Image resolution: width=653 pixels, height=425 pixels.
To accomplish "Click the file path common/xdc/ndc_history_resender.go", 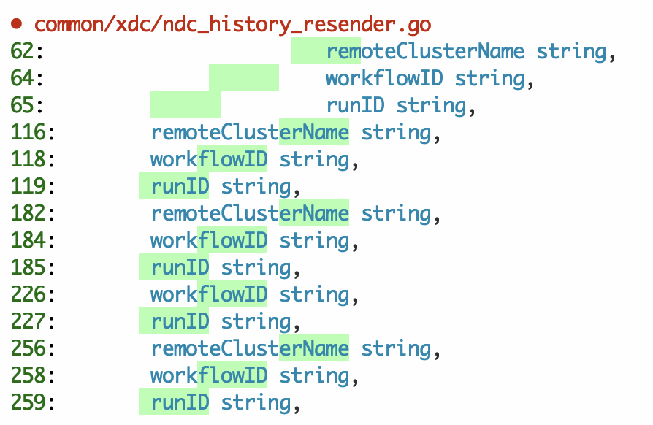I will tap(232, 24).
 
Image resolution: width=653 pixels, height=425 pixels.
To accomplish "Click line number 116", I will tap(32, 132).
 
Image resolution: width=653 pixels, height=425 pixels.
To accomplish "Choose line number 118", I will tap(32, 159).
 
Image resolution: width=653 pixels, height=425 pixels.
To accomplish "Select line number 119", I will tap(32, 186).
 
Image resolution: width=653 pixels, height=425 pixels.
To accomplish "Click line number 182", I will tap(32, 213).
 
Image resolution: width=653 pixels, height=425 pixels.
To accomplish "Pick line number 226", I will tap(32, 294).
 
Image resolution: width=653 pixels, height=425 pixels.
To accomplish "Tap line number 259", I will tap(32, 402).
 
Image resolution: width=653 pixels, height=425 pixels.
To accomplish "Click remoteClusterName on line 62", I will tap(425, 51).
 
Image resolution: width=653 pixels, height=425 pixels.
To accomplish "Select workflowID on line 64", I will tap(384, 78).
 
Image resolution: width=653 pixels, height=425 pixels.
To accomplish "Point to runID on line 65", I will tap(355, 105).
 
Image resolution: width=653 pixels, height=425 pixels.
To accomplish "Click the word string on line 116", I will tap(396, 132).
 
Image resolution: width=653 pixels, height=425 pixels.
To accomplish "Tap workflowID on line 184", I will tap(209, 240).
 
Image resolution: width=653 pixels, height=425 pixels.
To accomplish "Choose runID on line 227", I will tap(180, 321).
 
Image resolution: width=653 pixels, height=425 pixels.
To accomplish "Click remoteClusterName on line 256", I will tap(250, 348).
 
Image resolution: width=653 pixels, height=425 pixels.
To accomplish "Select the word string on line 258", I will tap(314, 375).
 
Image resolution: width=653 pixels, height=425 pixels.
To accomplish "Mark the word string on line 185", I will tap(256, 267).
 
